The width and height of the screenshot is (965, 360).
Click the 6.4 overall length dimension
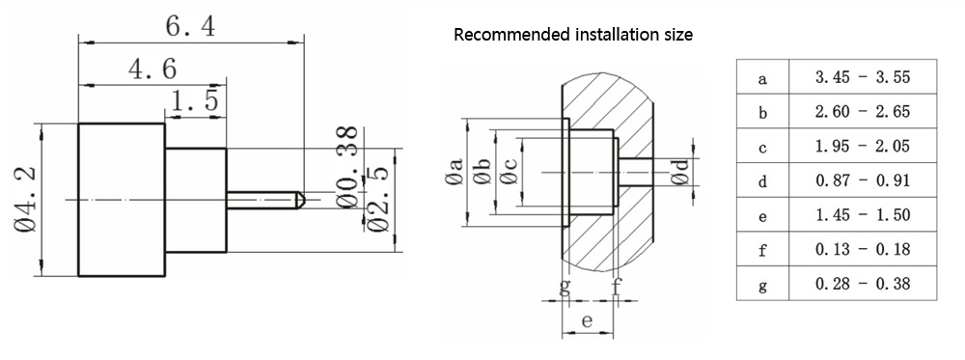point(191,27)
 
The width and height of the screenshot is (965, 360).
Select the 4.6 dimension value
point(152,69)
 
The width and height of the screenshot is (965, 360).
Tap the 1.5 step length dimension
point(195,100)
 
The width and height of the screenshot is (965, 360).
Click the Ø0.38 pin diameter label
point(348,167)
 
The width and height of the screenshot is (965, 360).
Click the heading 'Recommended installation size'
point(573,35)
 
